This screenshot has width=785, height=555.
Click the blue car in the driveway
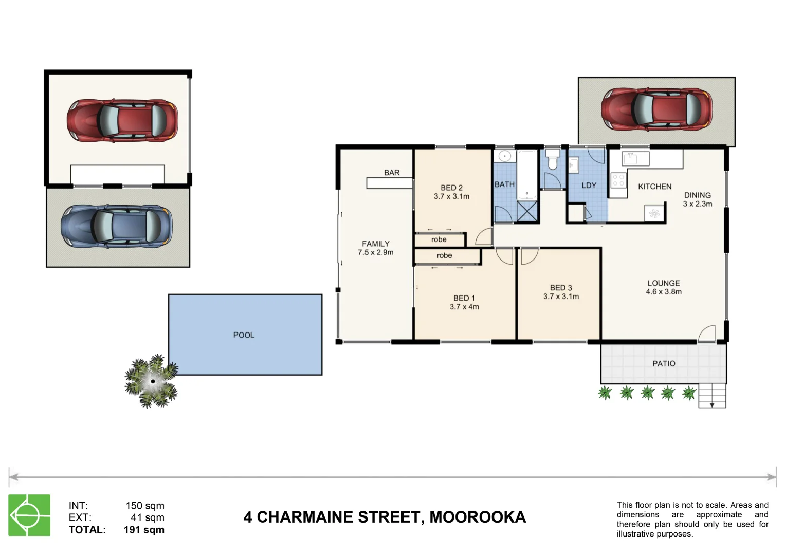pyautogui.click(x=117, y=227)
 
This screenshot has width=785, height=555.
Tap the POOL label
pyautogui.click(x=244, y=335)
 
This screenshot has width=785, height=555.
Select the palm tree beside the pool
pyautogui.click(x=152, y=381)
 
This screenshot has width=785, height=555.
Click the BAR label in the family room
pyautogui.click(x=392, y=173)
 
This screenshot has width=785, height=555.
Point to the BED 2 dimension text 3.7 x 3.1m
pyautogui.click(x=451, y=196)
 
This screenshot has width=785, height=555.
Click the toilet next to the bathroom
pyautogui.click(x=553, y=160)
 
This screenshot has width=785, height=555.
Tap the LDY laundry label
pyautogui.click(x=589, y=186)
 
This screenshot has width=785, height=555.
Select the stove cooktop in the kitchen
pyautogui.click(x=618, y=180)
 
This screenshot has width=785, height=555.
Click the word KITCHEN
pyautogui.click(x=654, y=187)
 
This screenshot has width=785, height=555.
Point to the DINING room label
pyautogui.click(x=697, y=195)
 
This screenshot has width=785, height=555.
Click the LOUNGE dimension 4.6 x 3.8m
pyautogui.click(x=664, y=292)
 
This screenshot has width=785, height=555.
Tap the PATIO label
pyautogui.click(x=664, y=363)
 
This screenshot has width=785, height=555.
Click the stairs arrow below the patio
pyautogui.click(x=712, y=404)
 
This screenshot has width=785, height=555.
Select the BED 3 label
pyautogui.click(x=561, y=288)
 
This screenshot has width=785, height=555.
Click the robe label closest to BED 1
pyautogui.click(x=444, y=255)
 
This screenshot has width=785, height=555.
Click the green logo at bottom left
pyautogui.click(x=29, y=515)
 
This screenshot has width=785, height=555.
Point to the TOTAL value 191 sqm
pyautogui.click(x=144, y=530)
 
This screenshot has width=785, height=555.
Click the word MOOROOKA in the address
pyautogui.click(x=478, y=517)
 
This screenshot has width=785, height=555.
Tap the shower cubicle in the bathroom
pyautogui.click(x=527, y=212)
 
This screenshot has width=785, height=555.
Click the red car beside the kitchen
pyautogui.click(x=656, y=109)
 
